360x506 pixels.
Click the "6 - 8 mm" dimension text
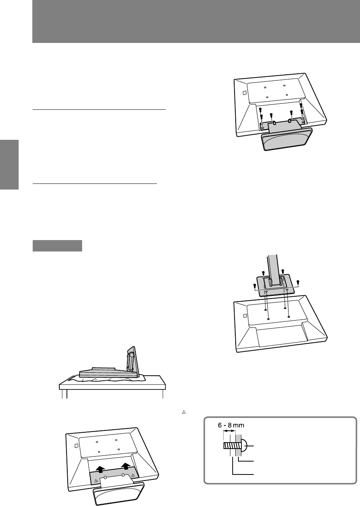click(231, 425)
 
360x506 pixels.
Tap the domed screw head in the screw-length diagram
click(244, 446)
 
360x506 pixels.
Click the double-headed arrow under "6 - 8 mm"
click(229, 431)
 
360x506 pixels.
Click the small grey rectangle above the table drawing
click(57, 245)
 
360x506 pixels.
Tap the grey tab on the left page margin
click(9, 164)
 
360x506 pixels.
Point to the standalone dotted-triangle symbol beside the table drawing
click(184, 412)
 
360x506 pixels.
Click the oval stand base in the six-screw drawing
click(287, 139)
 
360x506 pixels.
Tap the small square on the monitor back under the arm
click(245, 316)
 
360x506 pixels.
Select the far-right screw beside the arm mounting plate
click(298, 282)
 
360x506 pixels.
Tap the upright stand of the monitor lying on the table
click(133, 362)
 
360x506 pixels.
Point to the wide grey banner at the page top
click(196, 21)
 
